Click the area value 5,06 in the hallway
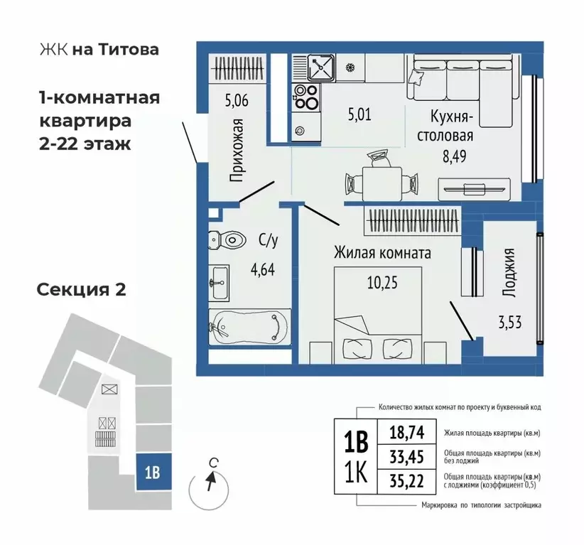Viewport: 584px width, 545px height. click(237, 101)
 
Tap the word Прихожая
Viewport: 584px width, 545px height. click(238, 149)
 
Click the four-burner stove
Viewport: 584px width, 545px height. click(306, 96)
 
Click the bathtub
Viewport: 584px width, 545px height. click(249, 328)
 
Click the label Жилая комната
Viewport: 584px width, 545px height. click(383, 252)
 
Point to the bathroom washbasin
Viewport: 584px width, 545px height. click(218, 284)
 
